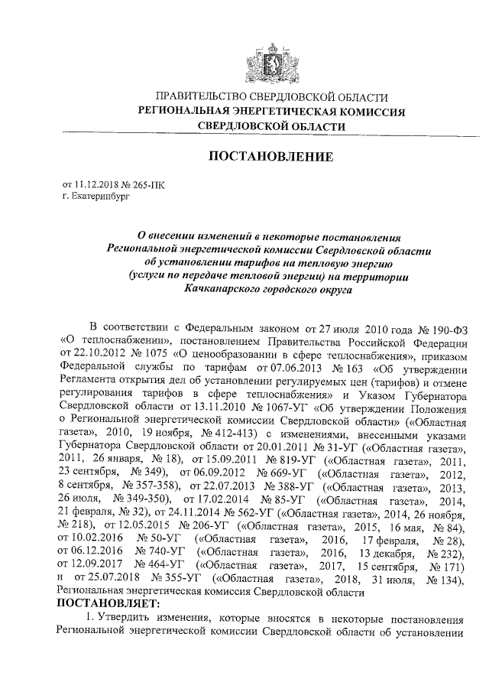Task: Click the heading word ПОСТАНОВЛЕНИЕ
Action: coord(271,158)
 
